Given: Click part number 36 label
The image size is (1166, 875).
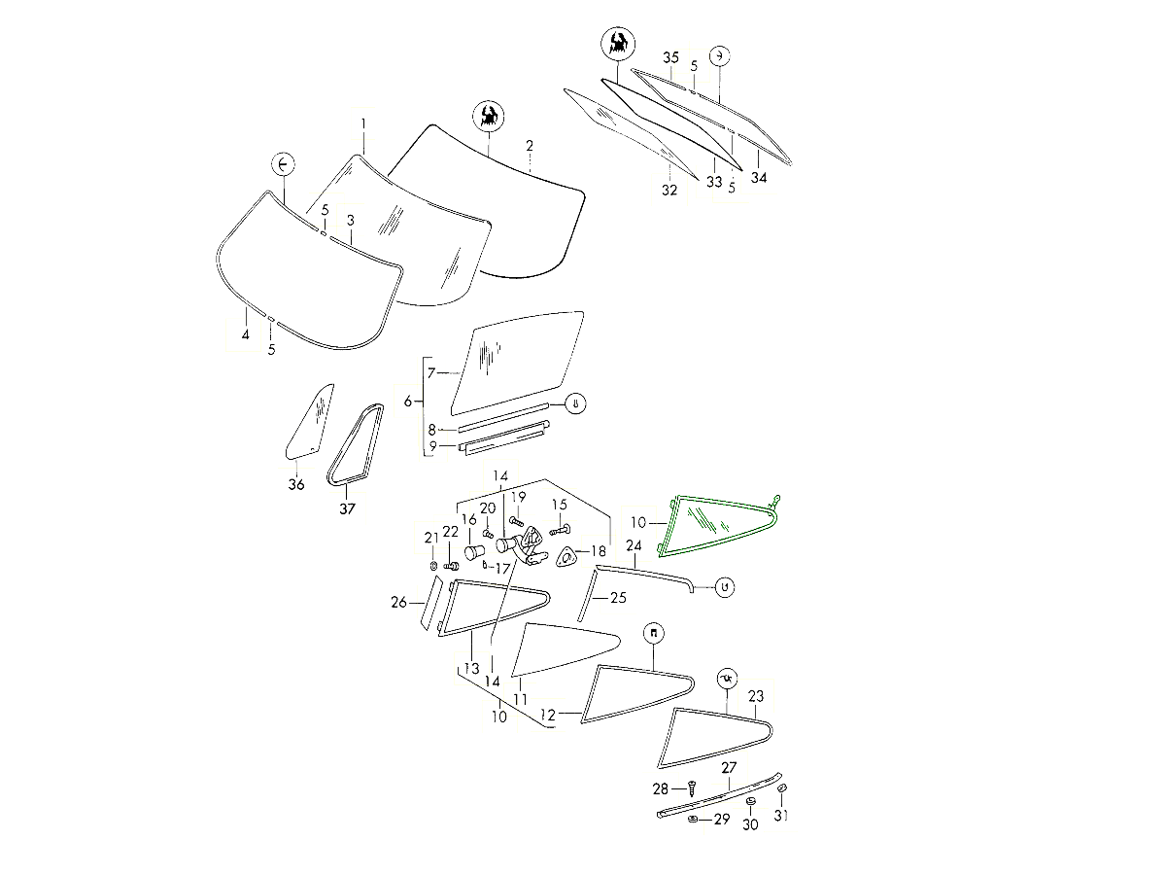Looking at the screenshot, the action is [296, 484].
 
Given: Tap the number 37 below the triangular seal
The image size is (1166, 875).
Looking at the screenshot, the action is [347, 508].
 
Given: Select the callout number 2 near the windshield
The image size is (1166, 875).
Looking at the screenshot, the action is [530, 146].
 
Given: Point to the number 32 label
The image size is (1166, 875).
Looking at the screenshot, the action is [669, 190].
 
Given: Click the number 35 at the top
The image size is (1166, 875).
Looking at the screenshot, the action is [670, 57].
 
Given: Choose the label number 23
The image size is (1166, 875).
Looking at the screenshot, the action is [755, 696].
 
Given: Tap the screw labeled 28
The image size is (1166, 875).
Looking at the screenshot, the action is [691, 787].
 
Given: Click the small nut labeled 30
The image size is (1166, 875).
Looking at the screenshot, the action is [750, 802].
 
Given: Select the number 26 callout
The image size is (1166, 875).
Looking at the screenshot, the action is [398, 602].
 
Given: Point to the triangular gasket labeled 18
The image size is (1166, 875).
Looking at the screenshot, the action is [566, 558].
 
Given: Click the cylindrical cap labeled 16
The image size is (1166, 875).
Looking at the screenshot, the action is [473, 552].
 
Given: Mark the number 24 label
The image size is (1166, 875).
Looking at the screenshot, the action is [634, 545].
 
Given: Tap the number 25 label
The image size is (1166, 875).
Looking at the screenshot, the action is [618, 598].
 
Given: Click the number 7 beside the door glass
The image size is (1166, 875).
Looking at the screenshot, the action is [431, 373].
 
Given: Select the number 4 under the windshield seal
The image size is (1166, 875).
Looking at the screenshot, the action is [246, 334].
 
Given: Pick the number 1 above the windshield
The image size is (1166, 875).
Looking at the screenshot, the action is [363, 124].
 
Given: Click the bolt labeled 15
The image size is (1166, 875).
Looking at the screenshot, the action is [560, 530].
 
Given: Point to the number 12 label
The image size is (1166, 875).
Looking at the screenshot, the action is [548, 716].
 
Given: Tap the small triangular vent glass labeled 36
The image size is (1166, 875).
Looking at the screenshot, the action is [310, 422].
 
